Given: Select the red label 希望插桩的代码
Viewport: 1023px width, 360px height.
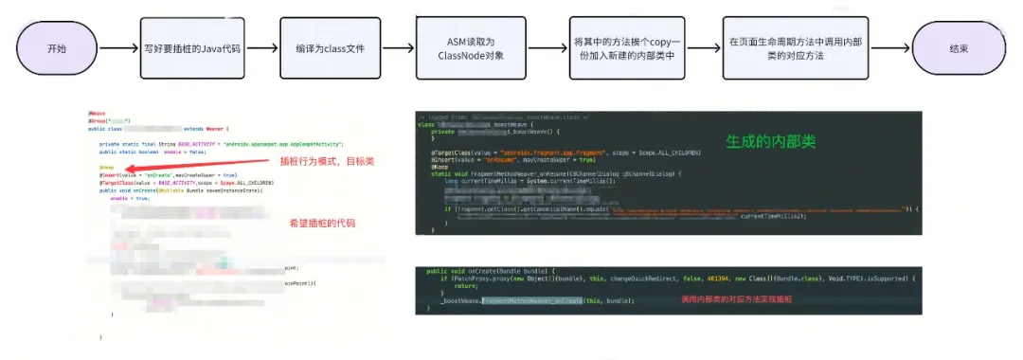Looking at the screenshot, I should [322, 223].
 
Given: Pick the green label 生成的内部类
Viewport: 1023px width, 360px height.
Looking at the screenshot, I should [770, 140].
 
